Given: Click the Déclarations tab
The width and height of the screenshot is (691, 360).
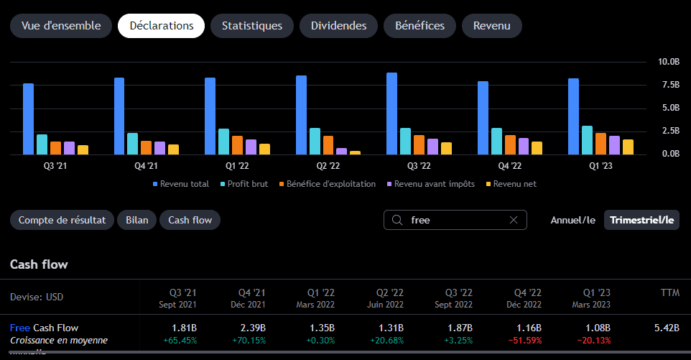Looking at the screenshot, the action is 162,26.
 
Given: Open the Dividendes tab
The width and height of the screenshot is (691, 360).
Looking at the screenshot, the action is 338,26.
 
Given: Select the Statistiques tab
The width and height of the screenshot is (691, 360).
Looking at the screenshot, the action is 252,26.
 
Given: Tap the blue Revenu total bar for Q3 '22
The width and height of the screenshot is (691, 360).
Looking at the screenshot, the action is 391,114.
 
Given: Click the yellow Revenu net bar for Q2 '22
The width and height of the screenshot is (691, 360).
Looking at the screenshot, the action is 355,153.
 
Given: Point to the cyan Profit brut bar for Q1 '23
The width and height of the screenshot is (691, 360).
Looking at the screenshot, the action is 587,140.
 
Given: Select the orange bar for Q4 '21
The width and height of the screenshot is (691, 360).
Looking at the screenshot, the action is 146,147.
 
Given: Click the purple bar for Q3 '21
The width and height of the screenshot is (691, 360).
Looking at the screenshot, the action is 69,148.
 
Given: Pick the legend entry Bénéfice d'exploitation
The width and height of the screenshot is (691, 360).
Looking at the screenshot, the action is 328,184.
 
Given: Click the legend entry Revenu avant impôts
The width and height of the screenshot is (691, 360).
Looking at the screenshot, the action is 431,184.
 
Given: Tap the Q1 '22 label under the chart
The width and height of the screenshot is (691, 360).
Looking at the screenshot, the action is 237,166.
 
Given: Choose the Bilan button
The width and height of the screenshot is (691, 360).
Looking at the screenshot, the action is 136,220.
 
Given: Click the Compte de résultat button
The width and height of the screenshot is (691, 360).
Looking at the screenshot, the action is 62,220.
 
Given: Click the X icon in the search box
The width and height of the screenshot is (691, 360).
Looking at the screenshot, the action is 514,220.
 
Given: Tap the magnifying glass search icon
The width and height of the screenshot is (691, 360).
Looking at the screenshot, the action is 397,220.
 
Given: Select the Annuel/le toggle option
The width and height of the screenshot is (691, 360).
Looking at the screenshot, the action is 573,220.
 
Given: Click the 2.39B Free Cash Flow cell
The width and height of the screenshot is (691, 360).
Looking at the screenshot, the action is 253,328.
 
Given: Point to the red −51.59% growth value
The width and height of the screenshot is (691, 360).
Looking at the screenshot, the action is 525,341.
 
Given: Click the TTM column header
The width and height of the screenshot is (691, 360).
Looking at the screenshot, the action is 670,292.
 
